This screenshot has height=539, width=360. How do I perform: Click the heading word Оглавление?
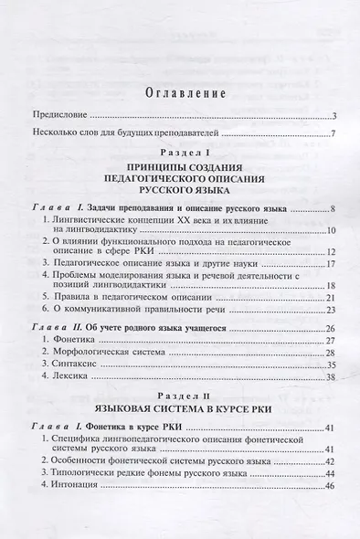click(180, 90)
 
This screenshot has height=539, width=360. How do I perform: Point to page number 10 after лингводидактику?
click(333, 229)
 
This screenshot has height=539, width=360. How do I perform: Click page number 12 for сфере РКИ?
click(333, 252)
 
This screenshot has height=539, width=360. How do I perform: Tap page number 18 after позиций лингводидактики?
click(333, 287)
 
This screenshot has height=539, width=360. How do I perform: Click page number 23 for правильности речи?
click(333, 313)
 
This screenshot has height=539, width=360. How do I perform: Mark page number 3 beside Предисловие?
click(335, 116)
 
